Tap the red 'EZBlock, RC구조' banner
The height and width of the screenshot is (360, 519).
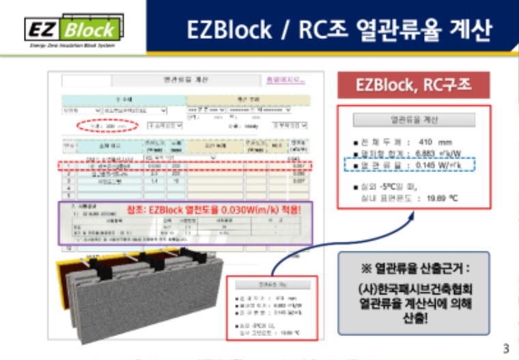413,85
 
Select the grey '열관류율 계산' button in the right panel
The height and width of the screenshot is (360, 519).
414,120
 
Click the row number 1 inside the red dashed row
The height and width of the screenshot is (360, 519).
69,165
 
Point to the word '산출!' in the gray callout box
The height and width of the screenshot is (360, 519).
414,318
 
